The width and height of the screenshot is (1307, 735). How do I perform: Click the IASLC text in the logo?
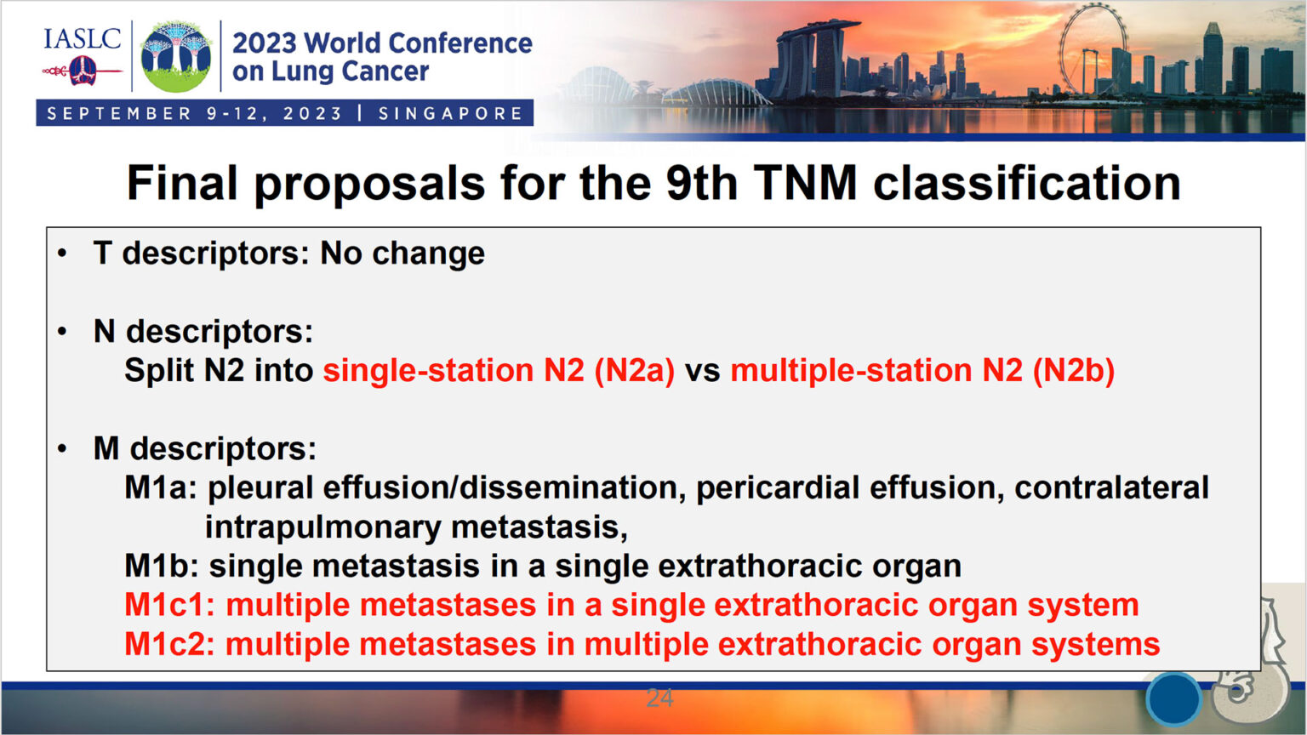[82, 39]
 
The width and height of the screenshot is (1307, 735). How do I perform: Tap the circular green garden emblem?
[176, 56]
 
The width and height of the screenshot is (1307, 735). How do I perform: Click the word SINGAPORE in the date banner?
[450, 113]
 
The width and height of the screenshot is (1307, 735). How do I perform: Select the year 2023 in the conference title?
[264, 43]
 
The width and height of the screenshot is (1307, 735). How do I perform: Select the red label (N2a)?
[634, 371]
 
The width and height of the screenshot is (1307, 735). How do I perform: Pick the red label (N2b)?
[1073, 371]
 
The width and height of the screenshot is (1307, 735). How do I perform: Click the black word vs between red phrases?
[702, 372]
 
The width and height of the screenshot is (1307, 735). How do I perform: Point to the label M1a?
[161, 488]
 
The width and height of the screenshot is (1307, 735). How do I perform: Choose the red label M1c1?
[169, 605]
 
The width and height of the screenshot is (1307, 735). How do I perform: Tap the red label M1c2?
[169, 644]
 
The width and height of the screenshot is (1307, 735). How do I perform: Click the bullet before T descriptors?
[62, 254]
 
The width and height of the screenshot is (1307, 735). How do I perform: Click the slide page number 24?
[659, 698]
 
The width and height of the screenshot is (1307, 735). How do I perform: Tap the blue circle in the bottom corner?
[1173, 698]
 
